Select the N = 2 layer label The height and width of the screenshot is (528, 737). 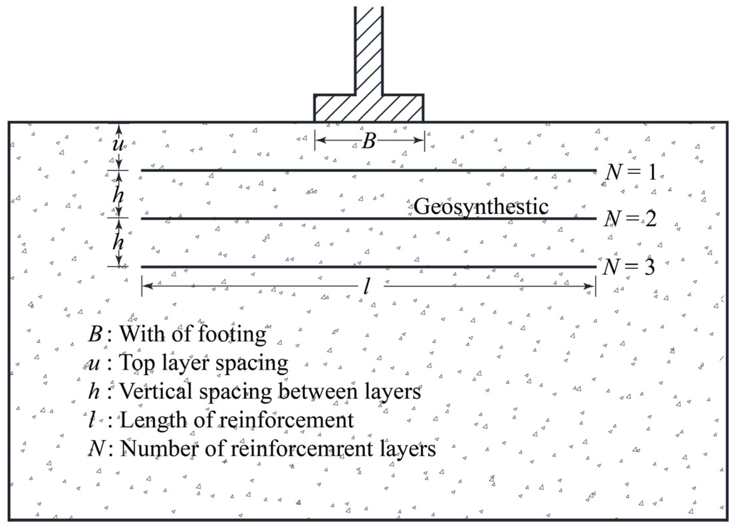coord(630,219)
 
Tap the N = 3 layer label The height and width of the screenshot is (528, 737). coord(628,267)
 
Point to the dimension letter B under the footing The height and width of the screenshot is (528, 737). coord(369,141)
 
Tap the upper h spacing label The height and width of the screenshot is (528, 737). coord(118,195)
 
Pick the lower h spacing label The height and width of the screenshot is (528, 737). coord(118,243)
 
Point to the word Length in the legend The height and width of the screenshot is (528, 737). coord(153,420)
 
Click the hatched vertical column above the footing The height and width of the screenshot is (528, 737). coord(369,49)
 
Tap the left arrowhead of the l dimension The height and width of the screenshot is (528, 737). coord(147,286)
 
